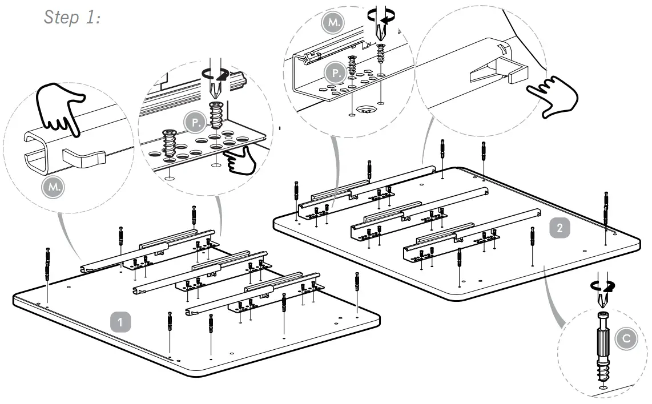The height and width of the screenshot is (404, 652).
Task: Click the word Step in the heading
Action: [61, 18]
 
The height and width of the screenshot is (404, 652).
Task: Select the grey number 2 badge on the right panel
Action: [560, 228]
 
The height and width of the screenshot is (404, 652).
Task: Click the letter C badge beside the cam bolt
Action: [626, 339]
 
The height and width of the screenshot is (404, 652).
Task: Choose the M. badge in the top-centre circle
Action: [331, 23]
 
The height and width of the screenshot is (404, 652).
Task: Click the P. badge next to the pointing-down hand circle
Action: [194, 122]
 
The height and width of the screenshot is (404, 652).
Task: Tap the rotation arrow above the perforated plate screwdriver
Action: [215, 72]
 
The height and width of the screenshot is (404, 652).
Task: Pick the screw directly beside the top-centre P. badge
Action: [353, 69]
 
